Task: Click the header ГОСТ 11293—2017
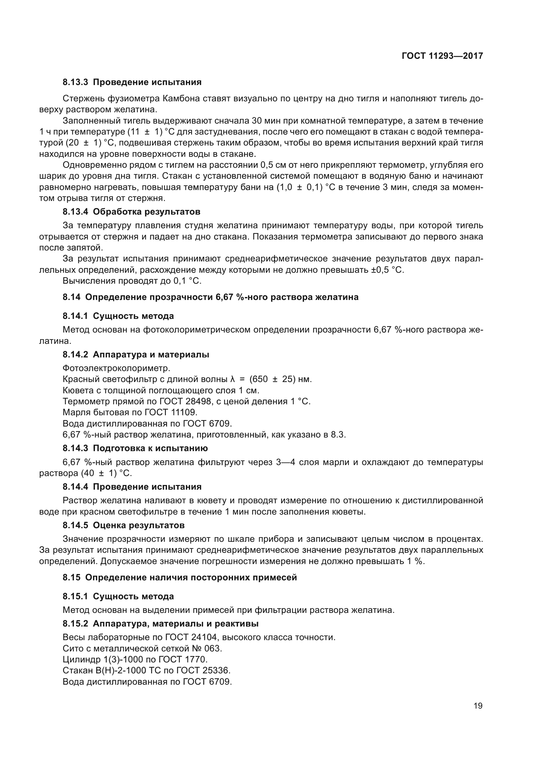[442, 56]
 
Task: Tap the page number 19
[478, 706]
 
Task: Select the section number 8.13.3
[75, 82]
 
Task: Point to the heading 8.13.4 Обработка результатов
[131, 212]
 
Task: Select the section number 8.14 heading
[72, 297]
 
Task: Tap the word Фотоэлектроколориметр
[116, 368]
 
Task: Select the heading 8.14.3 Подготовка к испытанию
[135, 448]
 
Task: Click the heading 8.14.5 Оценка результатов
[124, 525]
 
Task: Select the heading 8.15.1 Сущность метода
[118, 596]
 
